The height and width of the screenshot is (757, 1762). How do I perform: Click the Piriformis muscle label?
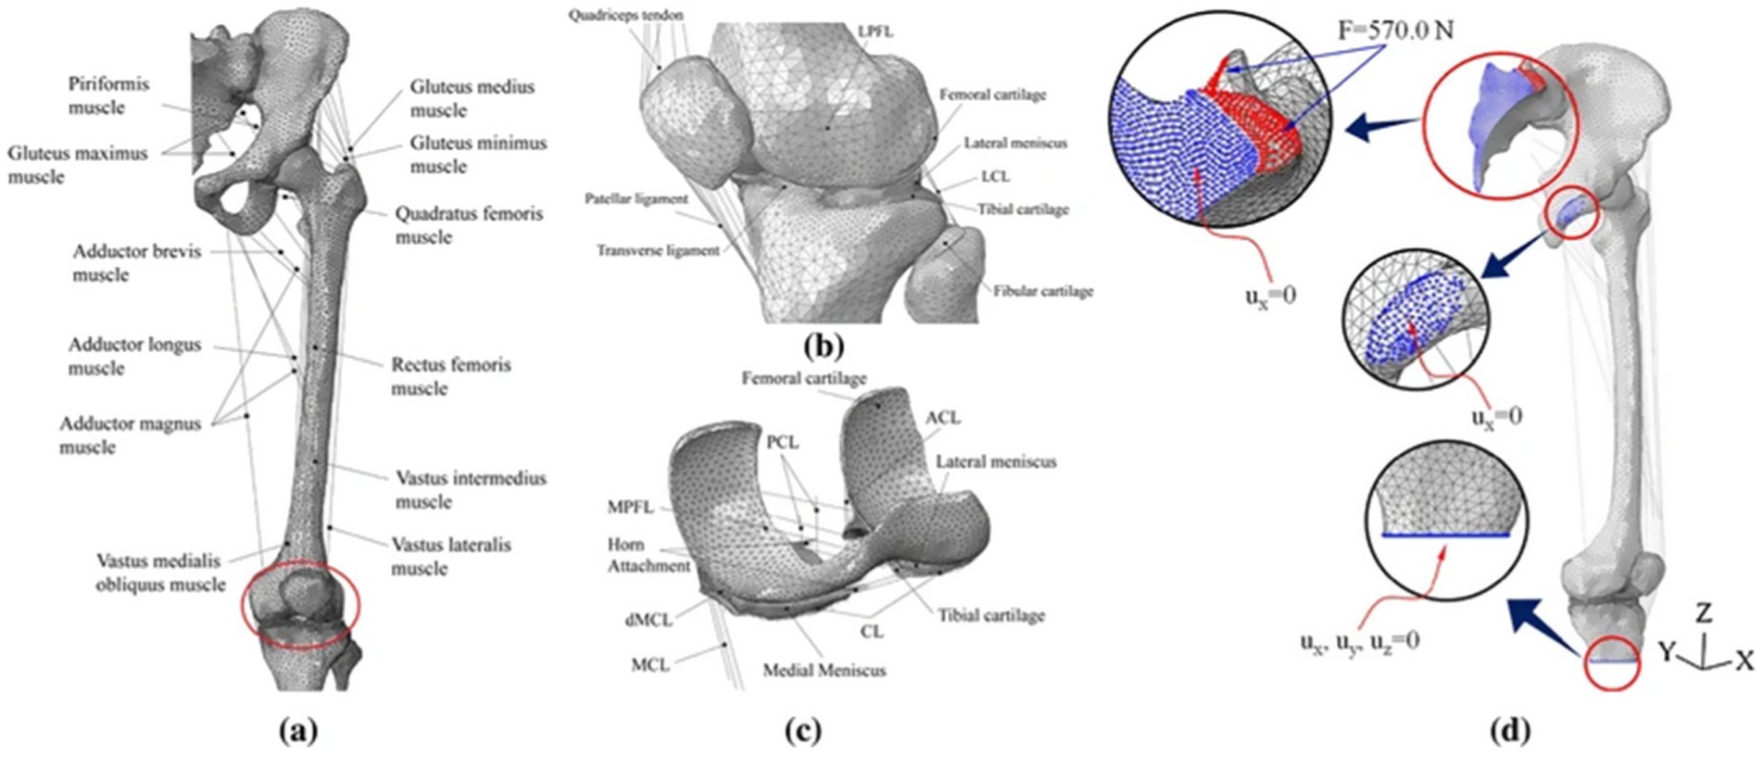108,95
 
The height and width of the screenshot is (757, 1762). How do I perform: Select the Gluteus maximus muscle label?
78,165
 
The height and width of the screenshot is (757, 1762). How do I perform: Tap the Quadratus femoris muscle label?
469,225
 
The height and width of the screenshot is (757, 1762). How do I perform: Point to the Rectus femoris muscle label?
450,376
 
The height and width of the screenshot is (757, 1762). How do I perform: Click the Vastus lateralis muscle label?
450,556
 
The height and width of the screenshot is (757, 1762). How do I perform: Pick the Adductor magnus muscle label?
130,435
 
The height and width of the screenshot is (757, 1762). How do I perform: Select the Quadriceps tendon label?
626,15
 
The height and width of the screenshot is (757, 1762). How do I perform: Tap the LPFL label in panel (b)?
875,32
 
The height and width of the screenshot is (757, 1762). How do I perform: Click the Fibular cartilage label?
1043,291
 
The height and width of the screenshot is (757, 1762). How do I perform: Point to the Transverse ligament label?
658,250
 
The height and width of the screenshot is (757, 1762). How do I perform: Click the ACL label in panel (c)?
942,418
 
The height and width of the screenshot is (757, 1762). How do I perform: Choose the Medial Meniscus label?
824,670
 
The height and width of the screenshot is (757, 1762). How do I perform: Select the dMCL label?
648,619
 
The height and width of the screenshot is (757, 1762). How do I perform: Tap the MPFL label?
630,507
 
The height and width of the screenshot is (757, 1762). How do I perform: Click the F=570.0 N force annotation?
1395,31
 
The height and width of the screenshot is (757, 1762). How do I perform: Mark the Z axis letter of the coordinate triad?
1703,612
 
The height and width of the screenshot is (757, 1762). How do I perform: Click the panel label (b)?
824,347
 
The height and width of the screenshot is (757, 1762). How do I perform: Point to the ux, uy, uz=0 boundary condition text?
1359,641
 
